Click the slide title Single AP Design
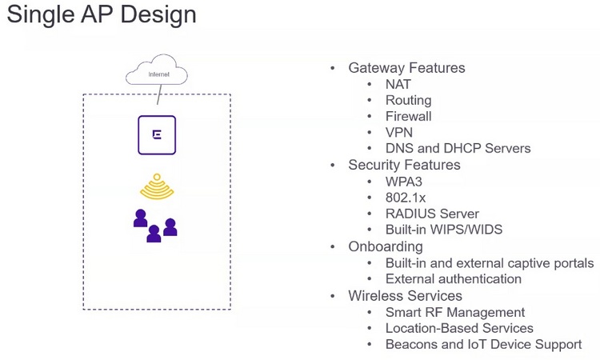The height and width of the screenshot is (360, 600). pos(102,15)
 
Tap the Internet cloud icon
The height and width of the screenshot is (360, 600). pos(157,70)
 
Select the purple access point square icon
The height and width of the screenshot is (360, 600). pos(157,135)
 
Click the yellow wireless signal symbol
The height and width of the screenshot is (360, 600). pos(157,186)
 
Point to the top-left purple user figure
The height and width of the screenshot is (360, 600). pos(141,218)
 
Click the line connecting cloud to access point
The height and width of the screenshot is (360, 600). pos(159,94)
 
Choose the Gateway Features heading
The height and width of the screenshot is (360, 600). pos(406,68)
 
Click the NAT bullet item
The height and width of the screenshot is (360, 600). pos(398,84)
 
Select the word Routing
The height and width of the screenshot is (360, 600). pos(408,101)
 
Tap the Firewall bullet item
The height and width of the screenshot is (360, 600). pos(408,116)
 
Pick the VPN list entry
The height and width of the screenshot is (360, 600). pos(399,132)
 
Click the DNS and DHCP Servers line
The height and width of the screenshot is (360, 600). pos(458,149)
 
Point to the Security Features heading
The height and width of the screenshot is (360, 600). pos(404,165)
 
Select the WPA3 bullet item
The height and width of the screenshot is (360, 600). pos(404,182)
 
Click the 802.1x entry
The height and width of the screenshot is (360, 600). pos(406,198)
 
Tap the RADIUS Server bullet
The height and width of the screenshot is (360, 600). pos(432,214)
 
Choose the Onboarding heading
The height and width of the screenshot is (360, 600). pos(386,246)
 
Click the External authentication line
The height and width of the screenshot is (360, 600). pos(454,279)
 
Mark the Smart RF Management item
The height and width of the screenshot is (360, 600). pos(455,313)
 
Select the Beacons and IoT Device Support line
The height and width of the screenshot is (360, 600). pos(484,345)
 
